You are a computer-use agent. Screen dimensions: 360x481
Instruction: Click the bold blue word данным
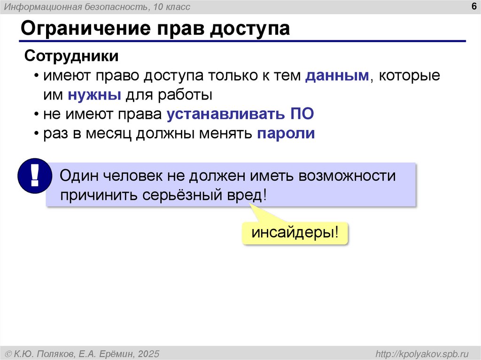pyautogui.click(x=337, y=76)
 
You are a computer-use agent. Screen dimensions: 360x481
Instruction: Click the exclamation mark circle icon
pyautogui.click(x=33, y=176)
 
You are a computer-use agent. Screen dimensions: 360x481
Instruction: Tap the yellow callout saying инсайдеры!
pyautogui.click(x=295, y=233)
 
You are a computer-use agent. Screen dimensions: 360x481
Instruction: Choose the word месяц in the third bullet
pyautogui.click(x=110, y=133)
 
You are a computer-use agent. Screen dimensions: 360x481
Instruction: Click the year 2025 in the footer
pyautogui.click(x=149, y=353)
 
